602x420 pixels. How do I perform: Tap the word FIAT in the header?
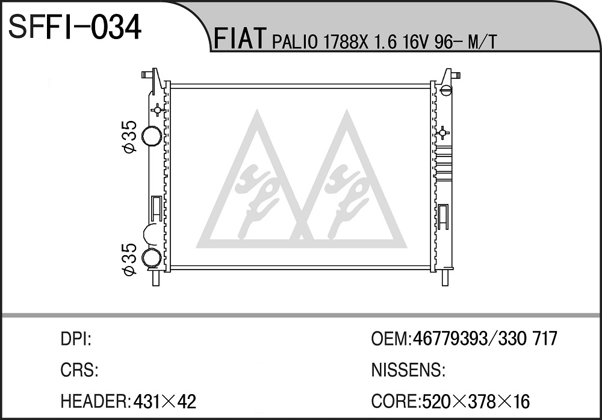[x=240, y=39]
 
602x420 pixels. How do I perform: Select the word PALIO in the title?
[x=295, y=42]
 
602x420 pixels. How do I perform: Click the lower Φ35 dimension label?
[x=130, y=259]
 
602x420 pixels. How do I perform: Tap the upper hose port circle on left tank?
[x=151, y=136]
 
